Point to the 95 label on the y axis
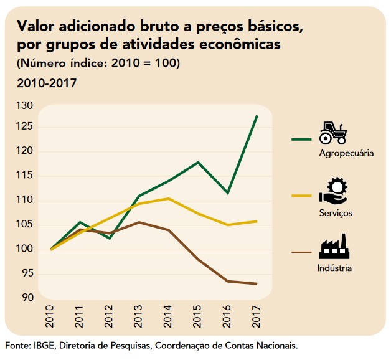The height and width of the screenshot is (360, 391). point(27,274)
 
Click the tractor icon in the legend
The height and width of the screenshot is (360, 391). point(332,133)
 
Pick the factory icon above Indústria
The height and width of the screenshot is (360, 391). point(334,247)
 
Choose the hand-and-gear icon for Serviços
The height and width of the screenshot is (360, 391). point(333,191)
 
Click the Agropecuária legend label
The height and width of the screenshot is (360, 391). point(346,153)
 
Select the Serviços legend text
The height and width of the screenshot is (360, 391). point(336,213)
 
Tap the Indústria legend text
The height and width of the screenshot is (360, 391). point(334,268)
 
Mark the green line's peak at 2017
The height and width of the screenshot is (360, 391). point(257,116)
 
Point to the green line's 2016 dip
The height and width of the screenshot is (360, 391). point(228,193)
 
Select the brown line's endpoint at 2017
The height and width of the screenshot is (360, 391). point(257,284)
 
